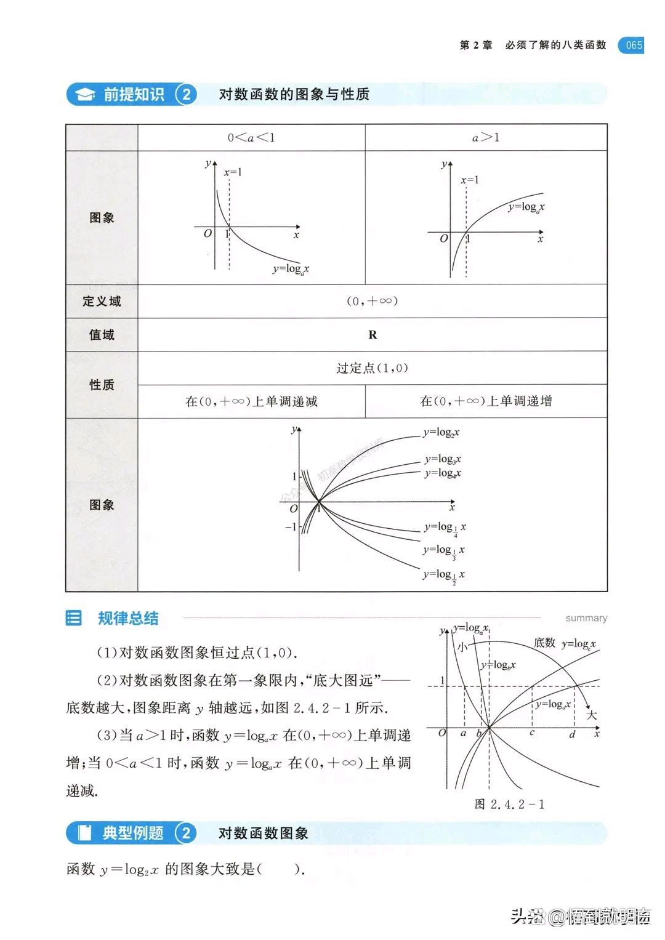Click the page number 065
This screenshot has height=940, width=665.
pyautogui.click(x=634, y=45)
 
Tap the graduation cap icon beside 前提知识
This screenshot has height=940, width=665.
pyautogui.click(x=84, y=95)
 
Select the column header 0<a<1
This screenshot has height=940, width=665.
pyautogui.click(x=251, y=138)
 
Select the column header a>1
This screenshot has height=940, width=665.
pyautogui.click(x=486, y=138)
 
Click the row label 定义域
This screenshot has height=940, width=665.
pyautogui.click(x=102, y=302)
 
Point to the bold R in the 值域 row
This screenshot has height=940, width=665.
pyautogui.click(x=373, y=335)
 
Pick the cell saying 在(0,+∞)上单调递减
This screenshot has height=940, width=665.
pyautogui.click(x=251, y=401)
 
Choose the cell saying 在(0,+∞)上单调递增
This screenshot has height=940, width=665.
pyautogui.click(x=486, y=401)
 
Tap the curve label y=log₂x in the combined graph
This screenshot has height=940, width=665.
pyautogui.click(x=441, y=433)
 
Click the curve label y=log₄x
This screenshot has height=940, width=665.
pyautogui.click(x=443, y=473)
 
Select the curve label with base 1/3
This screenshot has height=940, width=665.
pyautogui.click(x=444, y=551)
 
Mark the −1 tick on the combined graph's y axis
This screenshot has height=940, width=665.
pyautogui.click(x=291, y=527)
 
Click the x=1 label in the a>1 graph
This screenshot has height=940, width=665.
pyautogui.click(x=469, y=180)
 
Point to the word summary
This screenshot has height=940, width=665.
pyautogui.click(x=586, y=618)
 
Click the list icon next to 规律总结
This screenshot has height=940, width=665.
pyautogui.click(x=73, y=618)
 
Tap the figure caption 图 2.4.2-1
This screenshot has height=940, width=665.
pyautogui.click(x=510, y=805)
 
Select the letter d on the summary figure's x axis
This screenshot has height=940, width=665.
pyautogui.click(x=572, y=734)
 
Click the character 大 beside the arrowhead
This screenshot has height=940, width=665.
pyautogui.click(x=591, y=715)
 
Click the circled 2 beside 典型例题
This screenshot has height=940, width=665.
pyautogui.click(x=185, y=834)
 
